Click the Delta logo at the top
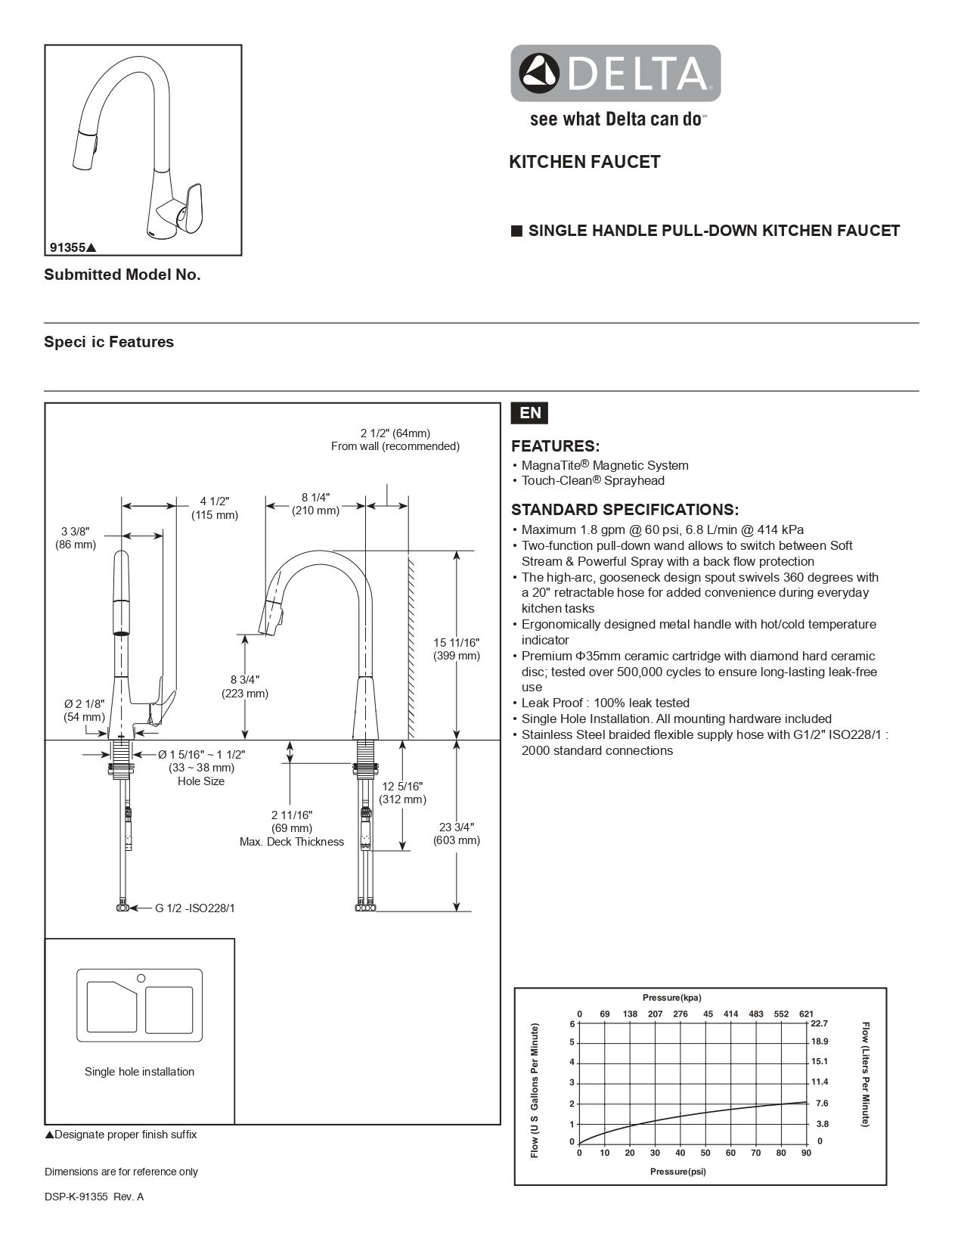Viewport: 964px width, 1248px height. (615, 73)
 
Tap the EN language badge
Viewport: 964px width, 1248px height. (530, 413)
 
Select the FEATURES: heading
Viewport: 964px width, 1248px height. (555, 446)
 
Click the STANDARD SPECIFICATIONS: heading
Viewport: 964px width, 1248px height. (625, 510)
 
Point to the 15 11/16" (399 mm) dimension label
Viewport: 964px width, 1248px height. (457, 649)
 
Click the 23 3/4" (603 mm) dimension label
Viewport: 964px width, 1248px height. (457, 834)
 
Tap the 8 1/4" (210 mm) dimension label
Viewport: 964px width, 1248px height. (316, 504)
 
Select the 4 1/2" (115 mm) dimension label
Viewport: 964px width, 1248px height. (215, 508)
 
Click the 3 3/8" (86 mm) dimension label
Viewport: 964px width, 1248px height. (76, 538)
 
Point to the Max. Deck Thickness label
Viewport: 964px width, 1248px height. (292, 842)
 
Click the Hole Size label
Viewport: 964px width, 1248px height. (201, 781)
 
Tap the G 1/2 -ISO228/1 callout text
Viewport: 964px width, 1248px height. (195, 908)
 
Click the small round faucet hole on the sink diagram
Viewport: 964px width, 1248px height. (141, 979)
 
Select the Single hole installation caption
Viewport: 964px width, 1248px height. (139, 1072)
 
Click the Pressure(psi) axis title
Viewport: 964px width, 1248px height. (678, 1172)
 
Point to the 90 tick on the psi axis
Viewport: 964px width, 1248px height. (806, 1153)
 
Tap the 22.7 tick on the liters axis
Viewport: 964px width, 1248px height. (820, 1023)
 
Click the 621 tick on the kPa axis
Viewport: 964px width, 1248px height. (806, 1014)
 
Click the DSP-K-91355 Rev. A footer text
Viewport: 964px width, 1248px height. (94, 1197)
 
